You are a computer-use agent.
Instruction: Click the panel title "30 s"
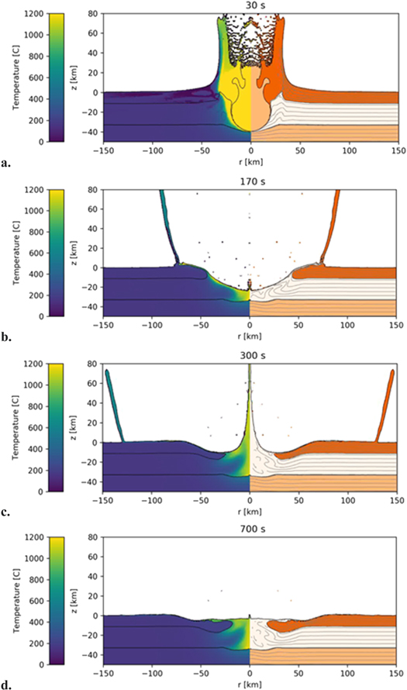[250, 6]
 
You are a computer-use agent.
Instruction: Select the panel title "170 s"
[250, 181]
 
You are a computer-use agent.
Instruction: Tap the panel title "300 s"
[250, 355]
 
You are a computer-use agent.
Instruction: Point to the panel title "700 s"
[250, 530]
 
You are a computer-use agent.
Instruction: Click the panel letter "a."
[6, 164]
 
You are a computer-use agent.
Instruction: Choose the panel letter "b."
[6, 338]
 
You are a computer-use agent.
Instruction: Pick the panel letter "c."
[6, 512]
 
